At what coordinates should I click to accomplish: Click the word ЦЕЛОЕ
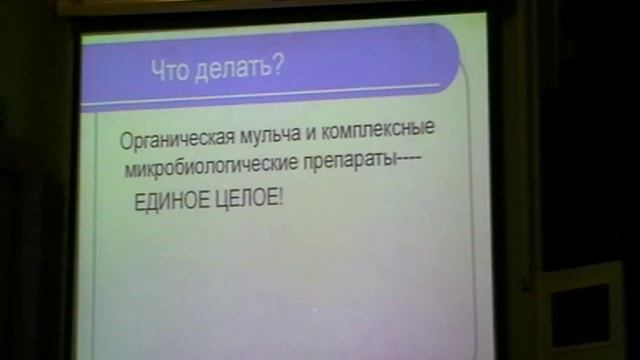[x=246, y=199]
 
